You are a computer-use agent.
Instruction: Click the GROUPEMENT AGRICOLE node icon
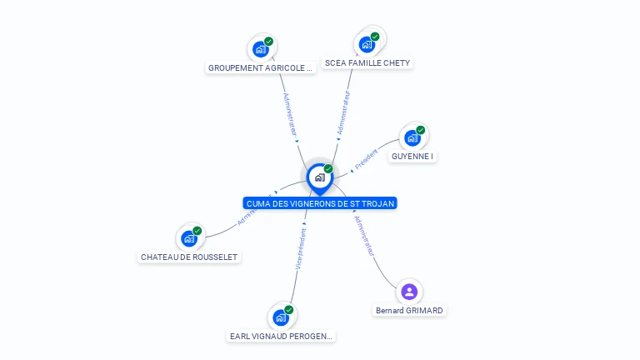click(260, 49)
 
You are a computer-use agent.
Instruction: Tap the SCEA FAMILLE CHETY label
click(367, 63)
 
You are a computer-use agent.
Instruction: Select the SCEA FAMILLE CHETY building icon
click(367, 45)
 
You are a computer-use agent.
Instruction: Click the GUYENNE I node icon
click(412, 138)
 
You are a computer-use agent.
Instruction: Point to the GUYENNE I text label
click(412, 157)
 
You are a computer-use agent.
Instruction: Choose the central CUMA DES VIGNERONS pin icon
click(319, 177)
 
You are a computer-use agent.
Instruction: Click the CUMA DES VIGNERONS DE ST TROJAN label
click(320, 203)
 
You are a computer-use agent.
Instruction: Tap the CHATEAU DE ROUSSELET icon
click(189, 238)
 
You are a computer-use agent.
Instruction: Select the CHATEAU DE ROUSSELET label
click(190, 257)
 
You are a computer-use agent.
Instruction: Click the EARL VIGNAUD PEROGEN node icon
click(281, 317)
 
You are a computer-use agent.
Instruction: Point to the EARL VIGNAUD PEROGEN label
click(282, 337)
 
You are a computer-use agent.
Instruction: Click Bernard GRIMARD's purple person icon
click(408, 292)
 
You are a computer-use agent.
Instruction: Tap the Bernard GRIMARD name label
click(409, 311)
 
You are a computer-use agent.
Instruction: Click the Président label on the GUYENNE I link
click(366, 159)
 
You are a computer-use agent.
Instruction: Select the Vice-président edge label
click(301, 247)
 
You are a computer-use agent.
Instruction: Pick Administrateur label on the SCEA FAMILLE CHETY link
click(343, 112)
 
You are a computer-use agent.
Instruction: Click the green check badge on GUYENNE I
click(421, 130)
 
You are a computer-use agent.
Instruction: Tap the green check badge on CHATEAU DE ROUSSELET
click(197, 231)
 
